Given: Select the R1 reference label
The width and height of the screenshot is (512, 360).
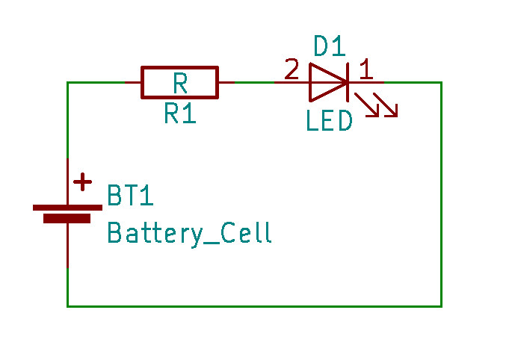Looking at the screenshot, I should coord(179,114).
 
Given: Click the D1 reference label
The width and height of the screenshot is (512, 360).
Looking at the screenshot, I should coord(329,47).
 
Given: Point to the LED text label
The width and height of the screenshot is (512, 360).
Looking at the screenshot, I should coord(329,121).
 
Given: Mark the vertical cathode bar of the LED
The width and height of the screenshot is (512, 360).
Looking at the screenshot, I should coord(348,82).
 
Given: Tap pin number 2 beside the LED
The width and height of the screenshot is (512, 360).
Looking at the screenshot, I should coord(291,70).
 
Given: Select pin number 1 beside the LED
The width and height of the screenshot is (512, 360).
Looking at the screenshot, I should coord(366,70).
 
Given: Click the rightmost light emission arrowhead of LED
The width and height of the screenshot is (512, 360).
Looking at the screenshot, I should coord(392,112).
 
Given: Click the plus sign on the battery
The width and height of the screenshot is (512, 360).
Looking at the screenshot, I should coord(82,181).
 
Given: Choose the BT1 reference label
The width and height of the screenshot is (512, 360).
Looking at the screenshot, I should coord(130,196).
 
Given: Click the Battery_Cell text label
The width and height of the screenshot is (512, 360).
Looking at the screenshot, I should coord(189,233).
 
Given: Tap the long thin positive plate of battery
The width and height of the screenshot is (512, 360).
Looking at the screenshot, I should coord(67,207).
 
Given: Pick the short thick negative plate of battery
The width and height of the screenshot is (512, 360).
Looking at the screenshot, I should coord(67,219).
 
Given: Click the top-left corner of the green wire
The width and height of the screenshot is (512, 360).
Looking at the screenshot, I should coord(68,82).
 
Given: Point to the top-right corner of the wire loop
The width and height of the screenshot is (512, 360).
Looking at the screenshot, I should coord(441,82).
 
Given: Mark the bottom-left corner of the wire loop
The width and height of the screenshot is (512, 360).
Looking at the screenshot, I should coord(68,305).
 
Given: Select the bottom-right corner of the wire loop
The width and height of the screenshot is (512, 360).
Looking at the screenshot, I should coord(441,305).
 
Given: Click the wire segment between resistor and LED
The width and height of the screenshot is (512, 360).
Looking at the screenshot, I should coord(254,82).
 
